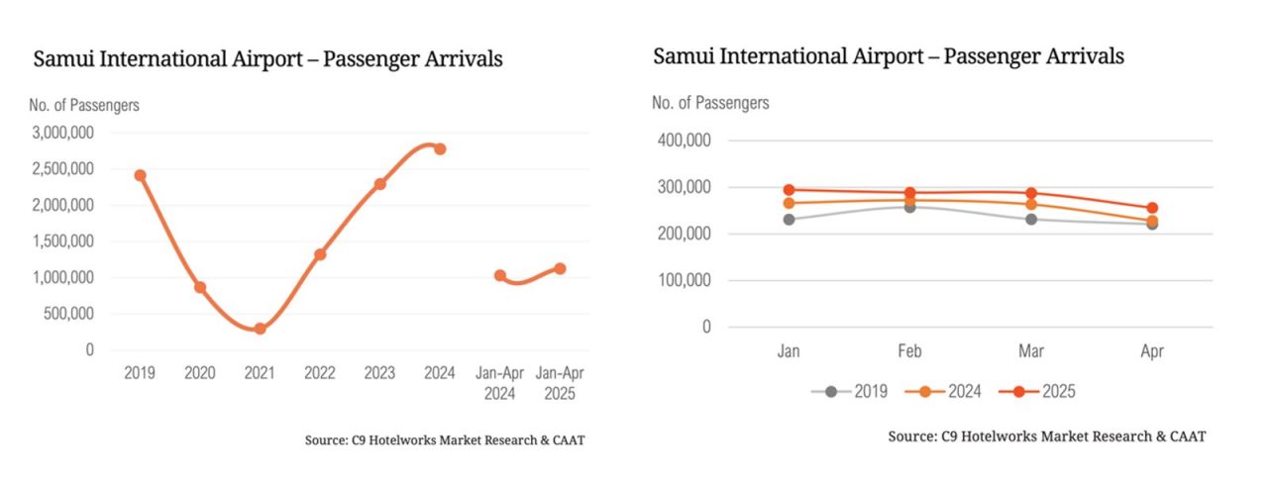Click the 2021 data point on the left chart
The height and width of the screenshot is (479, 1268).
[260, 329]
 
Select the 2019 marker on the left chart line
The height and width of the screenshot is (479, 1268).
[140, 175]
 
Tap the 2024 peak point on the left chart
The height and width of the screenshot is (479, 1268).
[440, 148]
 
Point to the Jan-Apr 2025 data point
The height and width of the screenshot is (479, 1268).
[560, 268]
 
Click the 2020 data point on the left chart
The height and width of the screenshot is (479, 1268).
[200, 287]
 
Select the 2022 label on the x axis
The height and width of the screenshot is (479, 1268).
[320, 373]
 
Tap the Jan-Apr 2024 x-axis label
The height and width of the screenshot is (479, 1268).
[499, 382]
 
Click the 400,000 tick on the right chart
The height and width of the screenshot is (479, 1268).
[685, 141]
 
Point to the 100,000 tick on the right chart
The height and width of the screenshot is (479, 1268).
[685, 280]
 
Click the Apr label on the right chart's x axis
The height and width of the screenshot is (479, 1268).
[1152, 351]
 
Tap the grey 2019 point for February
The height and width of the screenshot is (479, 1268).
[909, 207]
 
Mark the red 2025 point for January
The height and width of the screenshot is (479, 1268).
[789, 190]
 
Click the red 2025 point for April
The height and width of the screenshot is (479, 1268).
[1152, 209]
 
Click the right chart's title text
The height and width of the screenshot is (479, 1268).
[889, 56]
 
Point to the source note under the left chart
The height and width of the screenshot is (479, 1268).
[445, 439]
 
